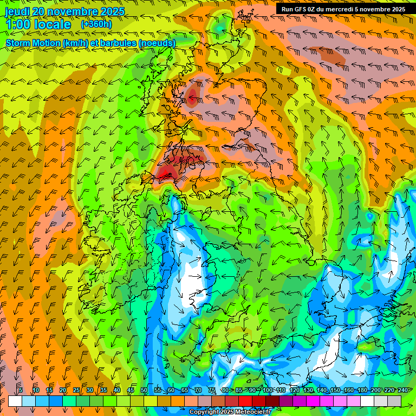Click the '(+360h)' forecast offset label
click(x=96, y=24)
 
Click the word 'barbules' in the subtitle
click(x=120, y=43)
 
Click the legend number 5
click(x=21, y=390)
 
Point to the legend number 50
click(x=144, y=390)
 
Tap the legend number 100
click(x=267, y=390)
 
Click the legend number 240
click(x=402, y=390)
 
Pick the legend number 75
click(x=212, y=390)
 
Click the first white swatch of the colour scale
click(x=15, y=401)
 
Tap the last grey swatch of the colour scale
click(x=394, y=401)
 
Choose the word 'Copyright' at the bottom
click(x=205, y=412)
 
